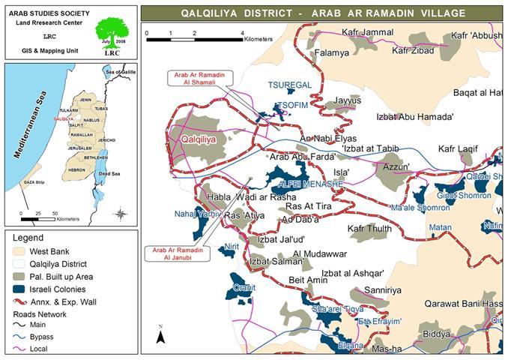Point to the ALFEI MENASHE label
310,183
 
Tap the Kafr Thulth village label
369,228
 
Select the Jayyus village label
347,100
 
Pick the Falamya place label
332,53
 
